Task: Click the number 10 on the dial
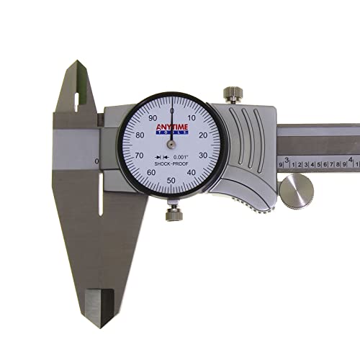pyautogui.click(x=191, y=118)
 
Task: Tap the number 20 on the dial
pyautogui.click(x=202, y=134)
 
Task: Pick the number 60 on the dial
pyautogui.click(x=150, y=173)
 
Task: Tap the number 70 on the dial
pyautogui.click(x=138, y=155)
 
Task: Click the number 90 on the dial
pyautogui.click(x=152, y=118)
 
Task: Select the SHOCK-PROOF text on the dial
pyautogui.click(x=171, y=164)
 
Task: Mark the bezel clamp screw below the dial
pyautogui.click(x=172, y=214)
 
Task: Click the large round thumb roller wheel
pyautogui.click(x=296, y=192)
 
